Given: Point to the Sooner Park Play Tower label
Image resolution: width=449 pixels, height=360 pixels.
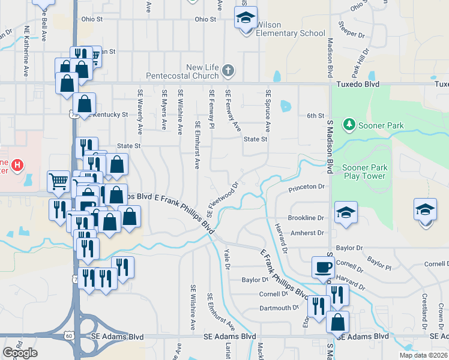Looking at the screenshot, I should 365,172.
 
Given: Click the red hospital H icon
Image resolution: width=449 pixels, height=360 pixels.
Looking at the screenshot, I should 18,164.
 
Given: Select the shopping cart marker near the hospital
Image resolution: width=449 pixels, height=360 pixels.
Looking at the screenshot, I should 58,181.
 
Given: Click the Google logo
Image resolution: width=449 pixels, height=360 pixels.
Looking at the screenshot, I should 20,353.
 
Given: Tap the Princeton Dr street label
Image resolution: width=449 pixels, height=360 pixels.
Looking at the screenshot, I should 306,187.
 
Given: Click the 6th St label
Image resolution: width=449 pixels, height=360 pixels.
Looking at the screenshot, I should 315,115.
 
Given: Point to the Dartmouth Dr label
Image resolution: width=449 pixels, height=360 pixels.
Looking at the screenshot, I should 279,308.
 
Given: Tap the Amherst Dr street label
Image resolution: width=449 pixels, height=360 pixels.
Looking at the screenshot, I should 307,233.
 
